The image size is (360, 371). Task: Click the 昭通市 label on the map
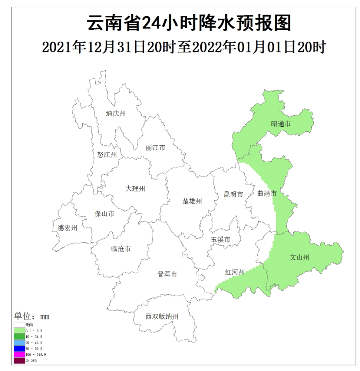(281, 124)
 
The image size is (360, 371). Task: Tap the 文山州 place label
(300, 257)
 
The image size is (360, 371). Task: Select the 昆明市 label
(234, 194)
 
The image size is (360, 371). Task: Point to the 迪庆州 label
(116, 114)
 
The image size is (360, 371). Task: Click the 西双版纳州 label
(162, 316)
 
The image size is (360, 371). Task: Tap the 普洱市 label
(167, 274)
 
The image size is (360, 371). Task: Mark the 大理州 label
(135, 189)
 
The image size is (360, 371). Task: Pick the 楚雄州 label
(192, 201)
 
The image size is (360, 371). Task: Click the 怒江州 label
(107, 155)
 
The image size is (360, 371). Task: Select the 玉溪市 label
(221, 240)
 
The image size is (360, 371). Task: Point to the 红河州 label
(235, 272)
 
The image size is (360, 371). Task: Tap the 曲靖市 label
(267, 194)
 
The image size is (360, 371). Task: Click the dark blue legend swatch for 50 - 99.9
(19, 348)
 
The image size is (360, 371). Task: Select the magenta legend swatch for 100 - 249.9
(19, 354)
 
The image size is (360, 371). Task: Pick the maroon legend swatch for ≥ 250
(19, 360)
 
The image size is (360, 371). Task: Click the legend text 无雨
(29, 325)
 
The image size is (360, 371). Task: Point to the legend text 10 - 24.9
(34, 336)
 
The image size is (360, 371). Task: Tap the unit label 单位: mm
(32, 316)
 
